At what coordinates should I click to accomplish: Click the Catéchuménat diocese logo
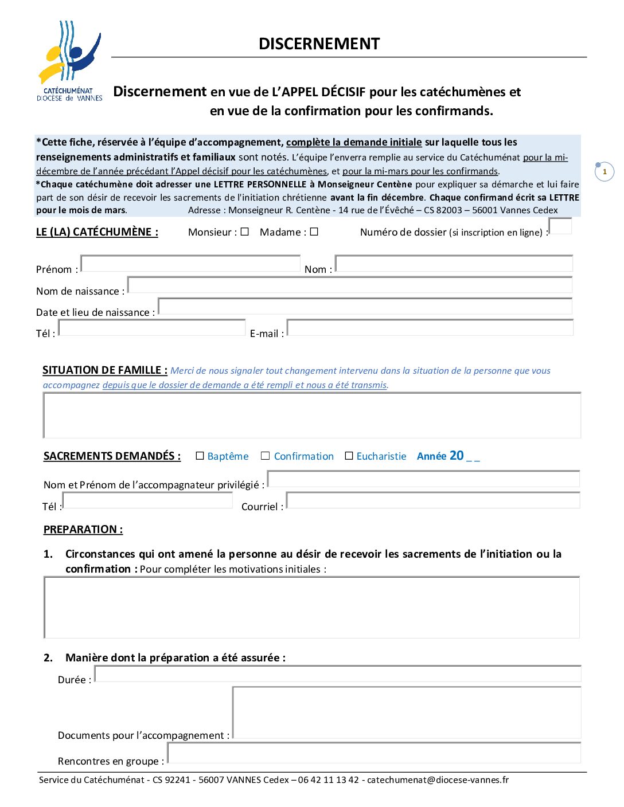69,60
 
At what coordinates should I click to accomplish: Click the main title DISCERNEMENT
319,44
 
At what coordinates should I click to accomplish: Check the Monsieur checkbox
245,232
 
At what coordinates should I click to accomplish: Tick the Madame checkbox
314,232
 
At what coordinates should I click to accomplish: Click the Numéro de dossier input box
560,226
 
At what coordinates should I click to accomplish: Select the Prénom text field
190,264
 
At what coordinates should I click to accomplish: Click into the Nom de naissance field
349,285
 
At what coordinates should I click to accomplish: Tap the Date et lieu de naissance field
365,306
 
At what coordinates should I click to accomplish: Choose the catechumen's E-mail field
430,328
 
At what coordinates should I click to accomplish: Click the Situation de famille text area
312,415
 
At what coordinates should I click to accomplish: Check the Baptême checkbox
200,456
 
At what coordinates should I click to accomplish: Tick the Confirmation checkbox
265,456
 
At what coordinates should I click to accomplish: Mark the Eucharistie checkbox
349,456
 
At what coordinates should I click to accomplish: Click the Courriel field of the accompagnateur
433,500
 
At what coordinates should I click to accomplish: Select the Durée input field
338,674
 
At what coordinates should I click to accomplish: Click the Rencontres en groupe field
374,753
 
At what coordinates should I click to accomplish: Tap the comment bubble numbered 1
604,171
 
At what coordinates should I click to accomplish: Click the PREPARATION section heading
83,530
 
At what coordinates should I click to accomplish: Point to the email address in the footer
438,780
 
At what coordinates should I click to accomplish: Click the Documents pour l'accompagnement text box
407,712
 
